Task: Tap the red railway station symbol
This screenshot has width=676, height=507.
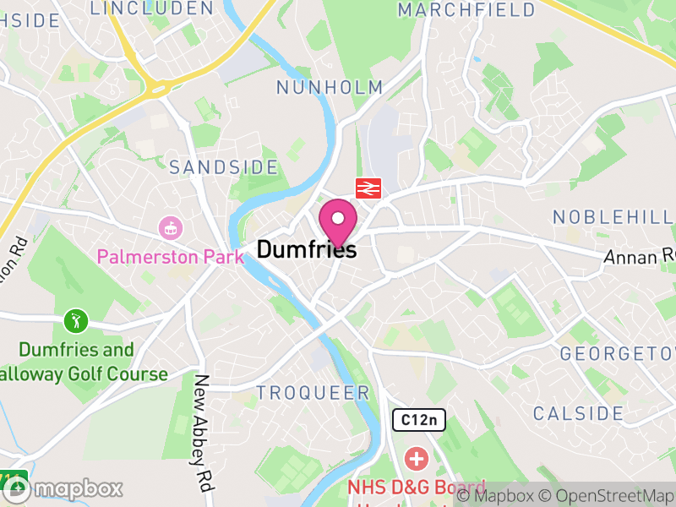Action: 368,188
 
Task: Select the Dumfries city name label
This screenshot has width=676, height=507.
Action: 306,249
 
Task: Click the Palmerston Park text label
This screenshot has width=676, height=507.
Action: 170,256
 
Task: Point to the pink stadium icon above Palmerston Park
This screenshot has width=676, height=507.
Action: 170,227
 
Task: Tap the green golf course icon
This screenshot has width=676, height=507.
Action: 76,321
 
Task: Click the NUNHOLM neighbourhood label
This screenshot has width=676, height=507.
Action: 330,87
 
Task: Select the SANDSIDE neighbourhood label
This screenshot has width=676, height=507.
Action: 223,167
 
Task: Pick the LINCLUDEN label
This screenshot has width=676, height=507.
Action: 151,8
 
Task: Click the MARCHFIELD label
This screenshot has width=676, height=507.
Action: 466,10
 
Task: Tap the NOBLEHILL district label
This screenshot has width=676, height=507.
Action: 613,217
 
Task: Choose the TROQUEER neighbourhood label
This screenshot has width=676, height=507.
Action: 313,393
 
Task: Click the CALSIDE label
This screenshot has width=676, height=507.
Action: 578,413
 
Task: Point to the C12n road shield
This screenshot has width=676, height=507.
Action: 419,419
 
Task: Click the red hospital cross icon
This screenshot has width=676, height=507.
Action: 416,460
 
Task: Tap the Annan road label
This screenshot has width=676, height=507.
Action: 641,255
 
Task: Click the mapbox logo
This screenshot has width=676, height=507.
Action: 63,488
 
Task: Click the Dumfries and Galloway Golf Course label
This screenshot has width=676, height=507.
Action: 78,362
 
